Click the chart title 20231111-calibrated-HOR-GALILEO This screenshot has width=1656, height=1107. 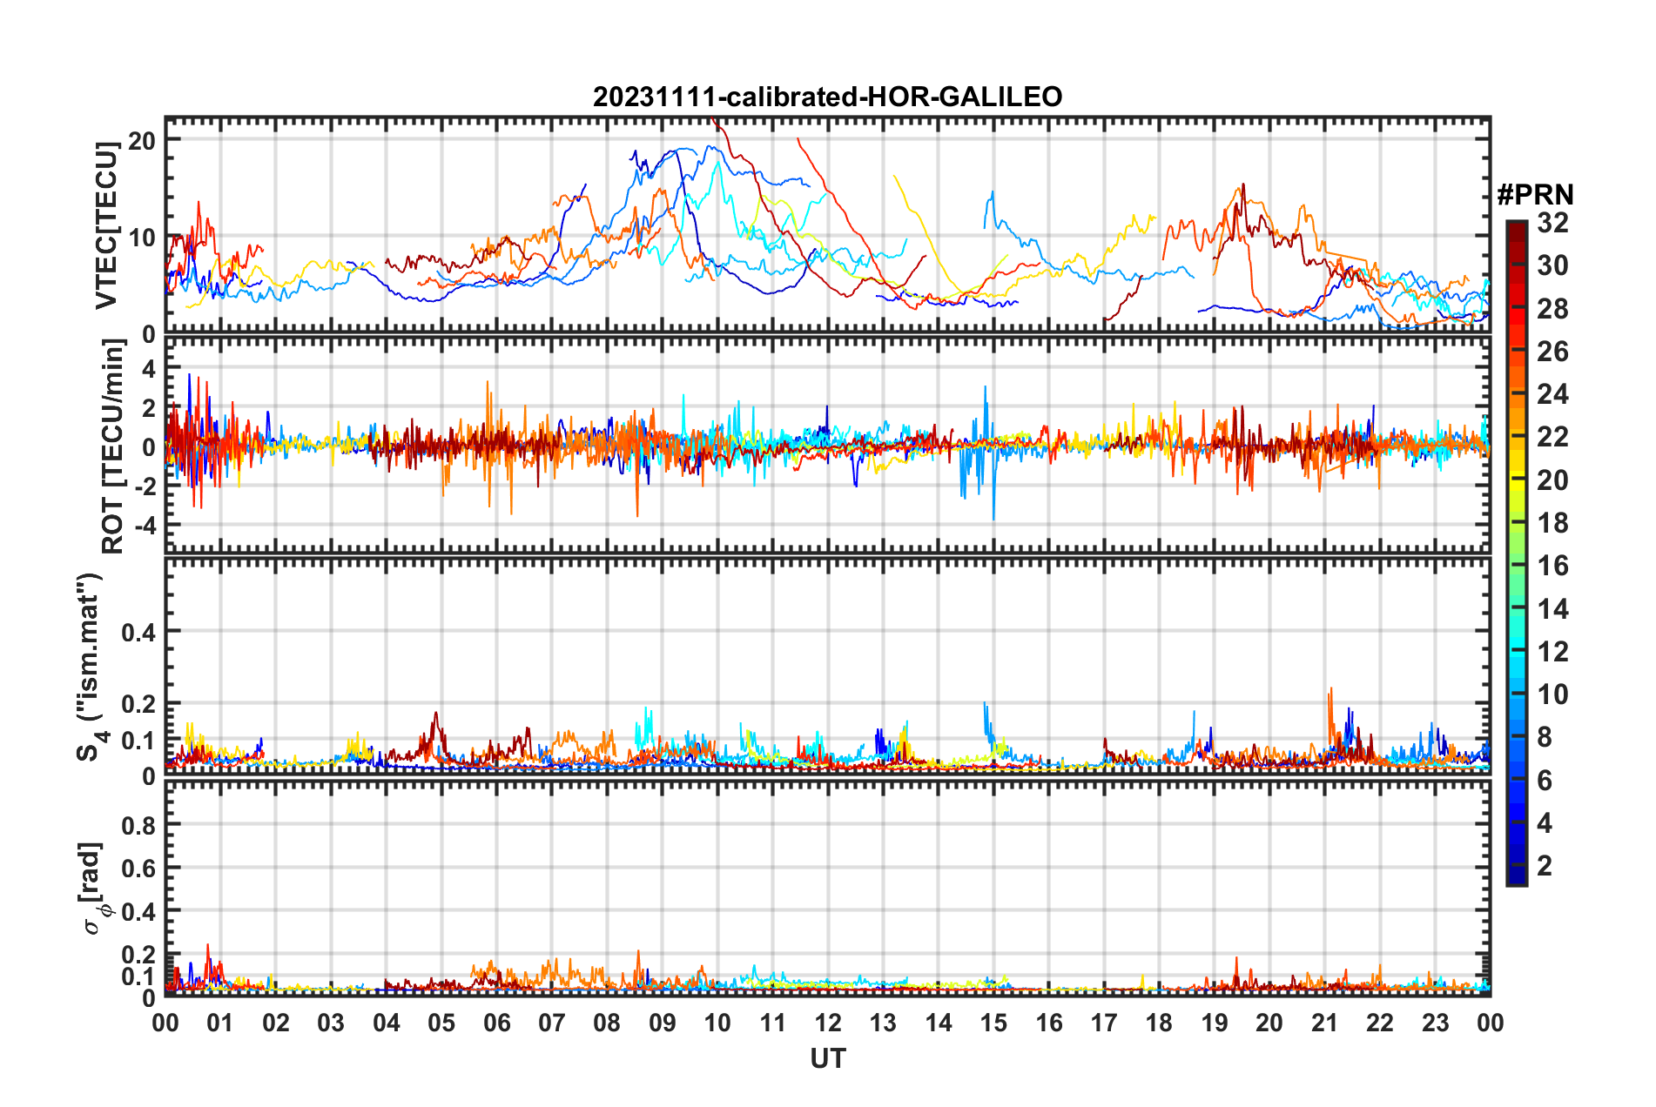pyautogui.click(x=827, y=97)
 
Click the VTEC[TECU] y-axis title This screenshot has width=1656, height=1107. pyautogui.click(x=106, y=226)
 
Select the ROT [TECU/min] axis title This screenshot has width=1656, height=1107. pyautogui.click(x=113, y=446)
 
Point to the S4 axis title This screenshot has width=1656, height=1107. pyautogui.click(x=90, y=667)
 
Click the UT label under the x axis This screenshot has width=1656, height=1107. pyautogui.click(x=827, y=1058)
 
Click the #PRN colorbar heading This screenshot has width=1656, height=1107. pyautogui.click(x=1535, y=194)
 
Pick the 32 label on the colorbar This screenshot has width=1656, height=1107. pyautogui.click(x=1552, y=223)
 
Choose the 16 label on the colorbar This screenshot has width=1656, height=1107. pyautogui.click(x=1552, y=567)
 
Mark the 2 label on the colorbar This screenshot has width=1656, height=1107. pyautogui.click(x=1545, y=866)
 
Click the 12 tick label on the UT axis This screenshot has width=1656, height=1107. pyautogui.click(x=828, y=1023)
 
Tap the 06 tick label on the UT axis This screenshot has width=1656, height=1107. pyautogui.click(x=496, y=1023)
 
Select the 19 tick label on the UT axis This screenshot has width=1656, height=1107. pyautogui.click(x=1215, y=1023)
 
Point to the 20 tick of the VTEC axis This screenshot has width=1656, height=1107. pyautogui.click(x=142, y=140)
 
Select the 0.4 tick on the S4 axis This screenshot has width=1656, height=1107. pyautogui.click(x=139, y=632)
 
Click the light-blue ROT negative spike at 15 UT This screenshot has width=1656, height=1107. pyautogui.click(x=993, y=517)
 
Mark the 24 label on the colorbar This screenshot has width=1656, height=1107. pyautogui.click(x=1552, y=395)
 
